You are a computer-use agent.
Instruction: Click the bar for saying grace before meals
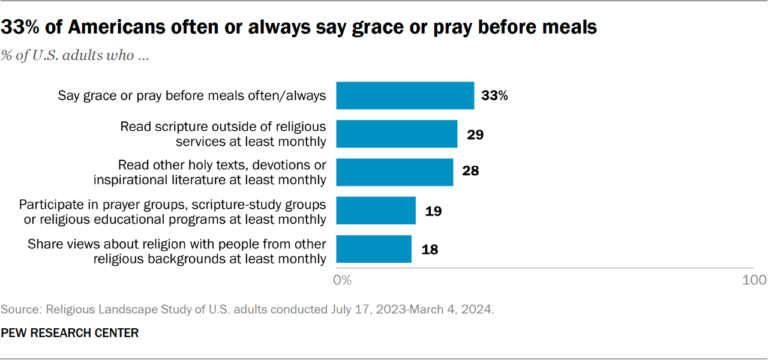405,95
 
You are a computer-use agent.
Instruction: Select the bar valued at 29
397,134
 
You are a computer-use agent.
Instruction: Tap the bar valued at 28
394,172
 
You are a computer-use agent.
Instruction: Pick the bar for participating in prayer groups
376,211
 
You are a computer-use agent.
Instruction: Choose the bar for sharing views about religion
374,249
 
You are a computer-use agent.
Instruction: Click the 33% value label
494,96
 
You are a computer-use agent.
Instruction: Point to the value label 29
475,134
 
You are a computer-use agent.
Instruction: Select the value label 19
433,211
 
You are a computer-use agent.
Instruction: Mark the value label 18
429,250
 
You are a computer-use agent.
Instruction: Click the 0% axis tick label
342,280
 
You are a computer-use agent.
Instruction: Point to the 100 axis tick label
754,280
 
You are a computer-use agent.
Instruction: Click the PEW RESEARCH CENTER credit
70,332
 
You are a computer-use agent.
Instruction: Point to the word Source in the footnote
20,310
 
